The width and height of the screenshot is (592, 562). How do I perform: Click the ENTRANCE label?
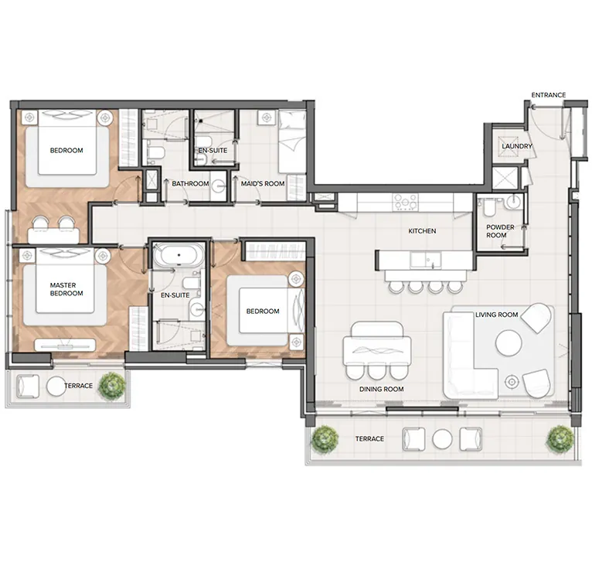[548, 95]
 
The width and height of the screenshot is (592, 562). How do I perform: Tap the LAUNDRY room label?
[516, 145]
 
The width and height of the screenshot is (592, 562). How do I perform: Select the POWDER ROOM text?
[496, 230]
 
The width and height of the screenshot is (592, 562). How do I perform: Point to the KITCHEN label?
[422, 230]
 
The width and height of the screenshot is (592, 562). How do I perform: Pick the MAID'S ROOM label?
[264, 183]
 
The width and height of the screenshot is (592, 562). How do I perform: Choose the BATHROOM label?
[190, 183]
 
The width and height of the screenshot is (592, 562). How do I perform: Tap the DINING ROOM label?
[382, 390]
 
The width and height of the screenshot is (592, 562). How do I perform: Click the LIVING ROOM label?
[496, 314]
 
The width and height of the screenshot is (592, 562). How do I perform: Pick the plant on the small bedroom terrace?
[114, 384]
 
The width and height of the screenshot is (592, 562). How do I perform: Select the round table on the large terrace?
[442, 438]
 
